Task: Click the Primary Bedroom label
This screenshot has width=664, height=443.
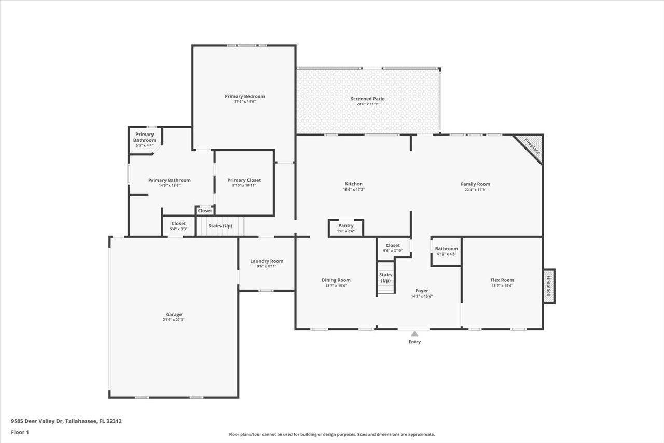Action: pyautogui.click(x=244, y=96)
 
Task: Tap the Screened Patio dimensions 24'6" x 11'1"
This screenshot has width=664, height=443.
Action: pyautogui.click(x=367, y=104)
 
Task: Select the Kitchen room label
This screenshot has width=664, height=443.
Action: pyautogui.click(x=354, y=184)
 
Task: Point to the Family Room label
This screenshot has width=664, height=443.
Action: pyautogui.click(x=475, y=184)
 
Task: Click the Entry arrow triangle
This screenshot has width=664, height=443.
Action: pyautogui.click(x=414, y=334)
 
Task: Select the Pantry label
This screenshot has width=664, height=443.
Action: pyautogui.click(x=346, y=225)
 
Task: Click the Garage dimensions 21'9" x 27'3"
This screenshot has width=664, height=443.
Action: pyautogui.click(x=174, y=320)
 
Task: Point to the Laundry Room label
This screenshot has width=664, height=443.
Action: pyautogui.click(x=267, y=261)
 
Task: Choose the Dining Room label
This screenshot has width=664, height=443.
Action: pyautogui.click(x=336, y=280)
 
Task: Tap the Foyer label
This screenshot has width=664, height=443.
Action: pyautogui.click(x=422, y=291)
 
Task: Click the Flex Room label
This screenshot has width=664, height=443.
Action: pyautogui.click(x=502, y=280)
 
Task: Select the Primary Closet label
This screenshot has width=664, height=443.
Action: pyautogui.click(x=244, y=180)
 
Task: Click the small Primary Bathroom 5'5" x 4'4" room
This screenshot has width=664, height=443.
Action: pyautogui.click(x=144, y=140)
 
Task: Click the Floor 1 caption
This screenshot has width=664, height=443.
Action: pyautogui.click(x=20, y=432)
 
